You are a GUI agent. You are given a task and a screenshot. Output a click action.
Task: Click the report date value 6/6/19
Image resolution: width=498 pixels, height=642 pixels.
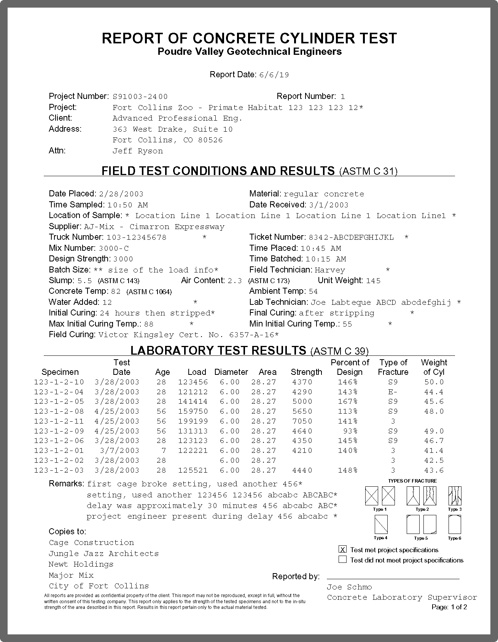pos(274,75)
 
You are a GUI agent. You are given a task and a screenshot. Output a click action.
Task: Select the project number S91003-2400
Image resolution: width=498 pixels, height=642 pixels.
pos(140,97)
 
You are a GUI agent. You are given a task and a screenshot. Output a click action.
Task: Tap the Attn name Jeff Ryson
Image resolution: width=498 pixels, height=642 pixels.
pos(137,151)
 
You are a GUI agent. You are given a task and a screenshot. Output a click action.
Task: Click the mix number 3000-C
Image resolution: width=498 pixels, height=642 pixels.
pos(113,249)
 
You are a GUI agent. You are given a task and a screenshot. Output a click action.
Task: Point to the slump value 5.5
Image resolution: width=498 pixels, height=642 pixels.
pos(84,281)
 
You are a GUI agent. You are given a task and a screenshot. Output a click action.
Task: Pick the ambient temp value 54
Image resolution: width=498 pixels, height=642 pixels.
pos(313,292)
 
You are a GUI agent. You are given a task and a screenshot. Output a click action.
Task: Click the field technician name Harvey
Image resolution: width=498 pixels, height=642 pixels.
pos(329,270)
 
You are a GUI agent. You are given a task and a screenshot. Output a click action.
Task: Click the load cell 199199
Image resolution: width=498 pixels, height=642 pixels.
pos(193,421)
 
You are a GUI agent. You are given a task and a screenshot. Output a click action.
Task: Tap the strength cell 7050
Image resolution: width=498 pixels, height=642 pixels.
pos(302,421)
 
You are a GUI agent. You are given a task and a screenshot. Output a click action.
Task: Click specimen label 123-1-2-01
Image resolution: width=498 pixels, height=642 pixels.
pos(59,451)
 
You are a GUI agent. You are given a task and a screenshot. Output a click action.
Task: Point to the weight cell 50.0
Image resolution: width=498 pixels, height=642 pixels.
pos(434,382)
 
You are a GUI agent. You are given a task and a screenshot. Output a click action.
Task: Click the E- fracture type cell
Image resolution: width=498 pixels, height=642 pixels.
pos(393,392)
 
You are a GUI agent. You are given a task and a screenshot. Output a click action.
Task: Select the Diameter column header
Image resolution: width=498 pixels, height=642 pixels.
pos(231,372)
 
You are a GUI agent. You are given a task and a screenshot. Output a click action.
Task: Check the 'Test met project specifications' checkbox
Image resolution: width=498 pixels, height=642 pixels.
pos(343,550)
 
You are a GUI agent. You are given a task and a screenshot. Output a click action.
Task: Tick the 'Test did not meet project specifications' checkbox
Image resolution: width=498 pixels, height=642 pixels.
pos(343,560)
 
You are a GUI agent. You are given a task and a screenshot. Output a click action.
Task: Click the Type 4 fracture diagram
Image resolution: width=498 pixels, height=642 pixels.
pos(381,525)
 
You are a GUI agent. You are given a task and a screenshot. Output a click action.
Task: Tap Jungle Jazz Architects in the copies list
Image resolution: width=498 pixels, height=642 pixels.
pos(103,554)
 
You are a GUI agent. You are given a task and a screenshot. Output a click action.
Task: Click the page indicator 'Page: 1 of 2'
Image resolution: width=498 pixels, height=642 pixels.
pos(449,607)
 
